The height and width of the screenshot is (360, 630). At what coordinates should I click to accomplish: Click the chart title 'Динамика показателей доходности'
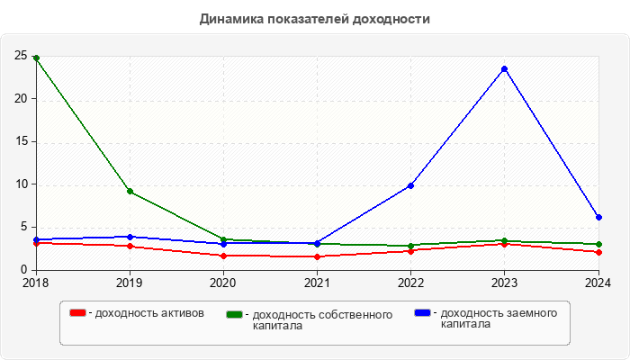click(x=315, y=18)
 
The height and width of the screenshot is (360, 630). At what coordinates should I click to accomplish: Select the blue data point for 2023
click(x=504, y=68)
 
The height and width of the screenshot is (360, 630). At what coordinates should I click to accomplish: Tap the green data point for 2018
click(x=36, y=58)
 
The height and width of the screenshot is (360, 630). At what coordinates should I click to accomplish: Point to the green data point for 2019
click(x=130, y=191)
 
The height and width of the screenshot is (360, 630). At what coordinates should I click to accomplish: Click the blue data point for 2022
click(x=410, y=185)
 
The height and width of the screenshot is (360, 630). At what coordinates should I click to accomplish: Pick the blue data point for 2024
click(x=598, y=217)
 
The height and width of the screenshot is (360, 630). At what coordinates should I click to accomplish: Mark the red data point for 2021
click(x=317, y=256)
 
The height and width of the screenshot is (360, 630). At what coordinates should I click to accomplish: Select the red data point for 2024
click(x=598, y=252)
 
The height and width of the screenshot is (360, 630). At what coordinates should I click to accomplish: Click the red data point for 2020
click(x=223, y=256)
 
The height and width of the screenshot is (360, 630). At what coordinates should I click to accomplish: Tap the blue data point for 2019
click(x=130, y=237)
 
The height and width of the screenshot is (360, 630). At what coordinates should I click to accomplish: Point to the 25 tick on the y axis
click(x=20, y=56)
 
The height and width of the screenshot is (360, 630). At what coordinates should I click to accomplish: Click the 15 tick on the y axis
click(x=20, y=141)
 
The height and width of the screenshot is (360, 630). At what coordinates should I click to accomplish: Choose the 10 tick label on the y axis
click(x=20, y=184)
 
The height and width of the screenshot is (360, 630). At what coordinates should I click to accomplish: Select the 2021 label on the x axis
click(x=317, y=283)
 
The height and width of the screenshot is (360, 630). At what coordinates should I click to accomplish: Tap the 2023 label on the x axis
click(x=504, y=283)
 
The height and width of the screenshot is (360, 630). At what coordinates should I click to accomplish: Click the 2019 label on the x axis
click(x=130, y=283)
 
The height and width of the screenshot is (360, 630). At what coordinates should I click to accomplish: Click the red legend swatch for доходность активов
click(x=78, y=312)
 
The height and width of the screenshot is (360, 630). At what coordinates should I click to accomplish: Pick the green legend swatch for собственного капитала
click(x=235, y=314)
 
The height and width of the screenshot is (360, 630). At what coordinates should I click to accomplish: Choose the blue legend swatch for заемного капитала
click(x=423, y=312)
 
